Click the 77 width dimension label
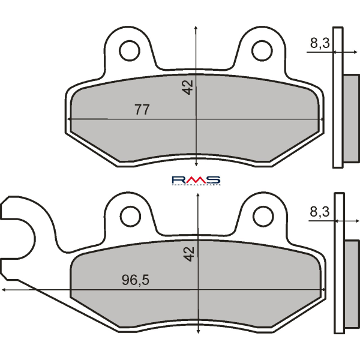142,110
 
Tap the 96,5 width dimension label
136,280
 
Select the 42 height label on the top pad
189,88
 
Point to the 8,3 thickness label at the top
319,43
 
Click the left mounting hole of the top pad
128,51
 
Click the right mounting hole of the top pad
262,51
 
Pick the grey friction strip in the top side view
347,120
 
